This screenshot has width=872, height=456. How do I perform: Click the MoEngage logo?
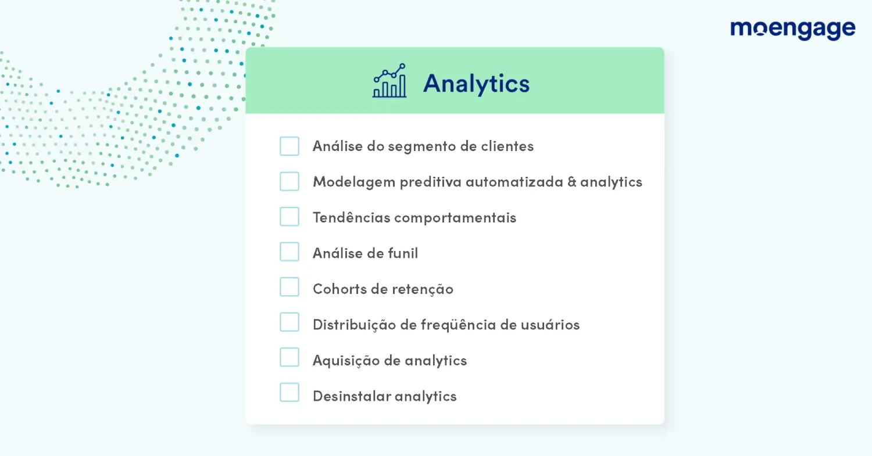click(x=792, y=30)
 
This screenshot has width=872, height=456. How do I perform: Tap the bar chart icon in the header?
click(x=389, y=81)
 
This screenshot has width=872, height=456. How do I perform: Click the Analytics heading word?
click(x=477, y=83)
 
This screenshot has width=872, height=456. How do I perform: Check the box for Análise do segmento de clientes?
click(x=290, y=146)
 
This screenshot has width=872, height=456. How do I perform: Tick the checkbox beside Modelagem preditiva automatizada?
click(x=290, y=181)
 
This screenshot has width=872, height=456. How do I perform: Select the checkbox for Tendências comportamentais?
click(x=290, y=216)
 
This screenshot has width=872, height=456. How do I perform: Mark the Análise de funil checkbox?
click(x=290, y=252)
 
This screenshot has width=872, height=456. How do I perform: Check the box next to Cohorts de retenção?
click(x=290, y=287)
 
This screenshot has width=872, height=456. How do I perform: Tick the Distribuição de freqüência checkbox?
click(x=290, y=322)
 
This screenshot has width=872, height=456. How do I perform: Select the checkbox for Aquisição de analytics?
click(x=290, y=357)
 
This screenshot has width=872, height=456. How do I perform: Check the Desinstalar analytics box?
click(x=290, y=393)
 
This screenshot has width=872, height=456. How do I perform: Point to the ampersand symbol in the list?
click(x=572, y=182)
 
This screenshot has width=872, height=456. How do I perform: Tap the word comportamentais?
click(x=455, y=218)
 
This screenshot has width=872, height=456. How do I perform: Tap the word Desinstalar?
click(x=351, y=396)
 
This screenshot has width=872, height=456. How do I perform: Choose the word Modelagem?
click(x=354, y=182)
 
